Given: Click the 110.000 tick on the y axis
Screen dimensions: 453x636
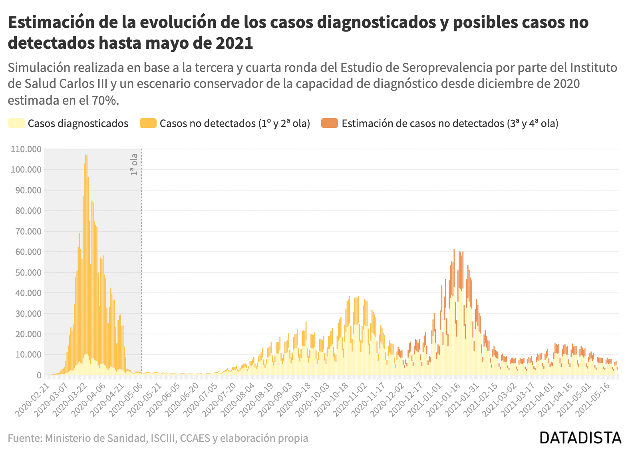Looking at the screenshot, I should (26, 149).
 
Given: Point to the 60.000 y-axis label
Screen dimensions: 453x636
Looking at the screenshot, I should (28, 252).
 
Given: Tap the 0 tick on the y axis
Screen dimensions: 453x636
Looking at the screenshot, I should (39, 376).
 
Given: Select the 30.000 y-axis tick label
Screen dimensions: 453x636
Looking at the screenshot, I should (28, 314).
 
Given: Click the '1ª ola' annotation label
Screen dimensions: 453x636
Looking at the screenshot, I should (134, 165).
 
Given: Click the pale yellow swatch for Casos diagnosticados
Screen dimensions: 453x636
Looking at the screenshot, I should (16, 123).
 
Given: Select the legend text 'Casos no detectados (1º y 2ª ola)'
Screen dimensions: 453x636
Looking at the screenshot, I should (235, 123).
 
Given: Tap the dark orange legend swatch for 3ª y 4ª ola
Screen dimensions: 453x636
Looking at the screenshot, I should (330, 123).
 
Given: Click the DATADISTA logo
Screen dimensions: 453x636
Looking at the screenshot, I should (580, 438).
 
